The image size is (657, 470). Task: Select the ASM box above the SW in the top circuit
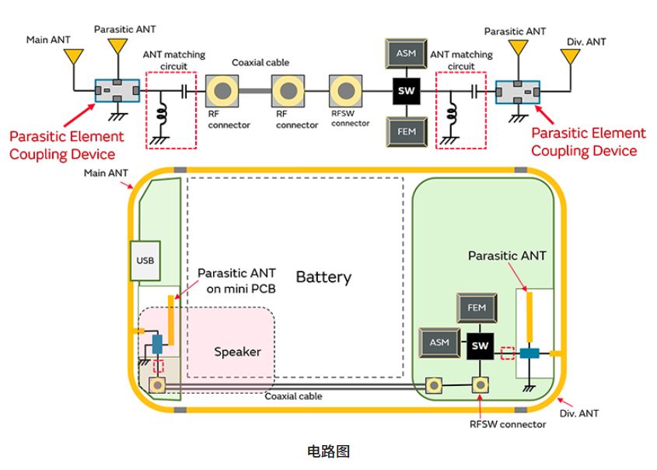[404, 54]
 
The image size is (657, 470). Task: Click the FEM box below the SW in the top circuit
[404, 131]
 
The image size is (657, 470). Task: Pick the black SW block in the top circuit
[404, 93]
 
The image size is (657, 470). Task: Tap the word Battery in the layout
[323, 277]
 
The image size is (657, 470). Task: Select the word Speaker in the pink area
[237, 352]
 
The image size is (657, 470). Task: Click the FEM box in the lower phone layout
[477, 308]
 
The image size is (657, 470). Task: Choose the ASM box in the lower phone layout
[439, 342]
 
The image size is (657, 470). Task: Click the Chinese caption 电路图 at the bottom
[328, 451]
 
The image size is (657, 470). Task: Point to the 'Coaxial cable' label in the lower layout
[293, 396]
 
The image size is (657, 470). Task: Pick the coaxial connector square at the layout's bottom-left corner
[158, 384]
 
